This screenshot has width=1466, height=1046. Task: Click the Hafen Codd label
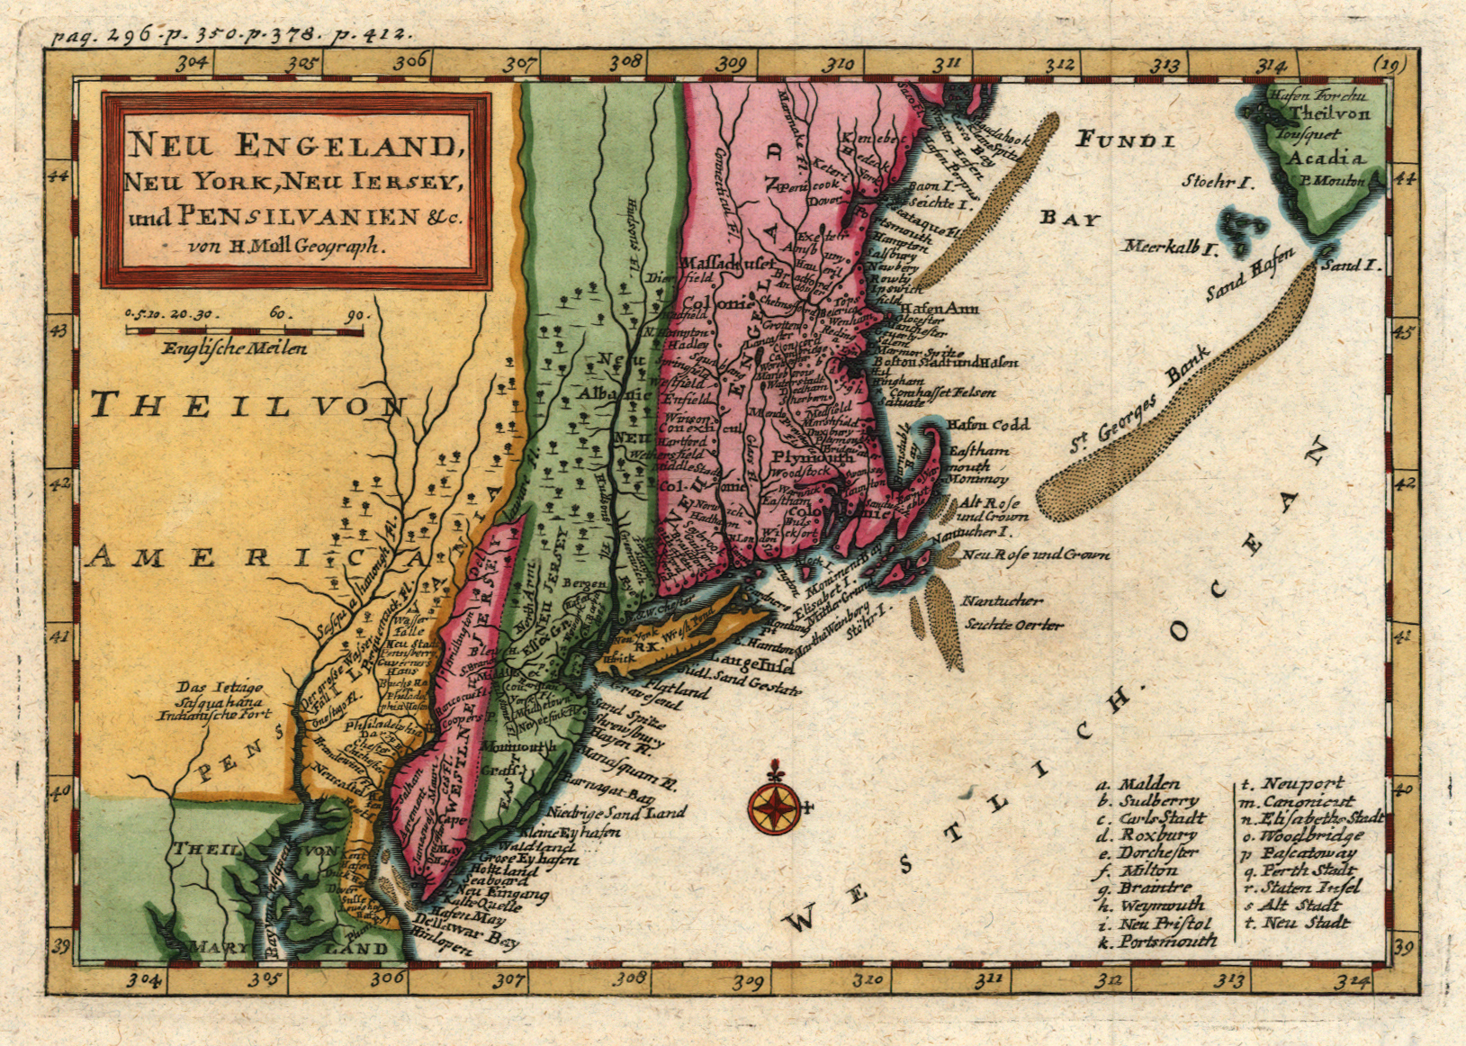pos(987,424)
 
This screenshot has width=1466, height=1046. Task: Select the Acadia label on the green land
pos(1327,158)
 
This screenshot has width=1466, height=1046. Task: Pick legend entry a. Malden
pos(1139,784)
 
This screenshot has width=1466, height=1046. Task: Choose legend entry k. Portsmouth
pos(1157,941)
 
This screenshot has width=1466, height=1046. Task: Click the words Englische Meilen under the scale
pos(234,348)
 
